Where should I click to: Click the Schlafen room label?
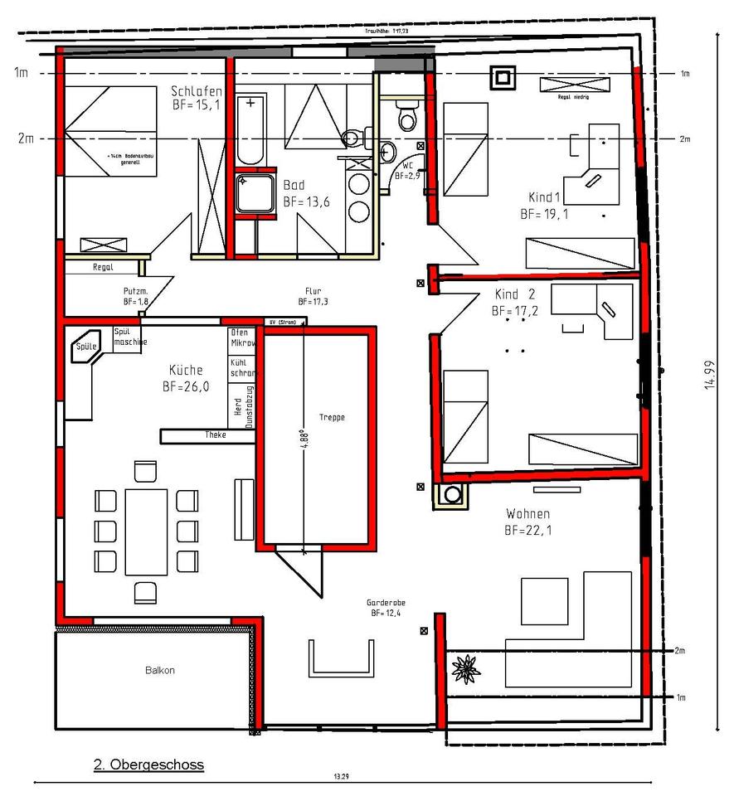pyautogui.click(x=196, y=97)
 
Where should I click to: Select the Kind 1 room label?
pyautogui.click(x=545, y=205)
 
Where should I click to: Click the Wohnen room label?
pyautogui.click(x=527, y=521)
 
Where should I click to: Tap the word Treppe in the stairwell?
pyautogui.click(x=331, y=417)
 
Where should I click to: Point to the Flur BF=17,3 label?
pyautogui.click(x=314, y=296)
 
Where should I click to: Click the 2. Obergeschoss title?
pyautogui.click(x=148, y=764)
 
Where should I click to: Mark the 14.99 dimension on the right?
pyautogui.click(x=709, y=374)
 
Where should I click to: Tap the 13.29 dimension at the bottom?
pyautogui.click(x=340, y=777)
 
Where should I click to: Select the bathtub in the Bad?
pyautogui.click(x=250, y=129)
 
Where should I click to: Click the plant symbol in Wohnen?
pyautogui.click(x=465, y=667)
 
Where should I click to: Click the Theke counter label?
pyautogui.click(x=216, y=434)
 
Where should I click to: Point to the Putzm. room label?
pyautogui.click(x=134, y=297)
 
